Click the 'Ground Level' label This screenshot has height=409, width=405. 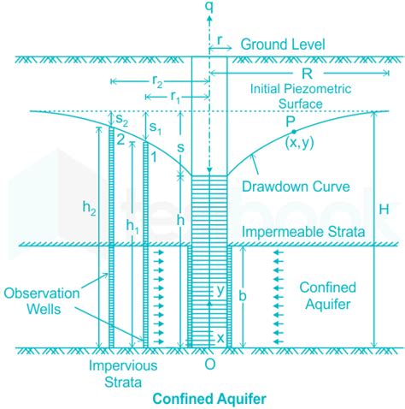283,44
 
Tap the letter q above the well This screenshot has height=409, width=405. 209,7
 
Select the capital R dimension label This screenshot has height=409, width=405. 307,74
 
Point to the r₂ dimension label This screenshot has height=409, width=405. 157,82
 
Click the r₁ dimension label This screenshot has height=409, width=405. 175,98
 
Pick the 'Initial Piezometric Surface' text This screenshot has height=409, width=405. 301,96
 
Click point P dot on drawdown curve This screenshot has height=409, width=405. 294,132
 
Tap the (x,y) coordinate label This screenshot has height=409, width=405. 299,143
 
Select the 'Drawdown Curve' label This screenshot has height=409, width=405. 296,187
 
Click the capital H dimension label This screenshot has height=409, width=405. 384,210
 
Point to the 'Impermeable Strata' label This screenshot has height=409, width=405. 303,232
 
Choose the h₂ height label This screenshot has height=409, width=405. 89,207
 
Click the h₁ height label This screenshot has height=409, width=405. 132,226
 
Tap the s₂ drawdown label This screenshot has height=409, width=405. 121,120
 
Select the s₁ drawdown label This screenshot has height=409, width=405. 156,128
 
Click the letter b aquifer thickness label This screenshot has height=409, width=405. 243,296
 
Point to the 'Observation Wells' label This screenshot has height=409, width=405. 42,301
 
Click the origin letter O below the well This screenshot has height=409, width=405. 210,365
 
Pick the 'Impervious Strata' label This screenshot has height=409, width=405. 123,374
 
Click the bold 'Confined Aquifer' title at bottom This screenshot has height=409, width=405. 209,399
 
